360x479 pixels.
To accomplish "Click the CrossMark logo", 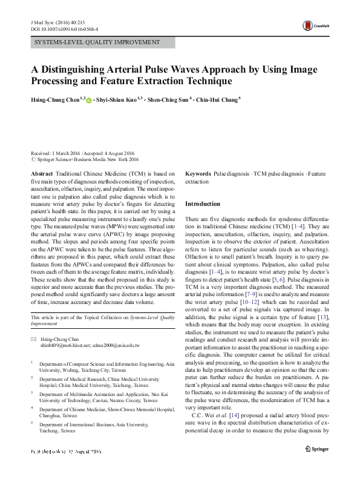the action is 316,25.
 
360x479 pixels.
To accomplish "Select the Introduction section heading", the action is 202,204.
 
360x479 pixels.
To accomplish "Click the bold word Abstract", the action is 42,173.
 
